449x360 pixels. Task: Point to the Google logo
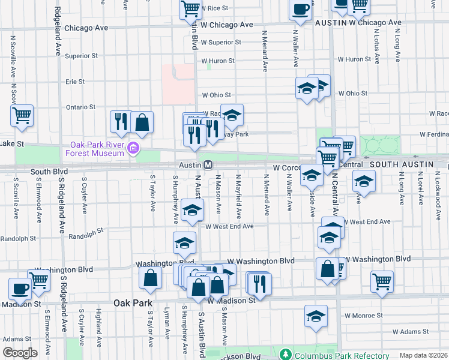20,353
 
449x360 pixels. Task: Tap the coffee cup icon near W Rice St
301,9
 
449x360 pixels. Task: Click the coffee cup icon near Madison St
20,290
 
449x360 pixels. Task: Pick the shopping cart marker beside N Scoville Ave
22,115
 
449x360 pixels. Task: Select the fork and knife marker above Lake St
121,121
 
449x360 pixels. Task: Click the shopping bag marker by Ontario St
142,122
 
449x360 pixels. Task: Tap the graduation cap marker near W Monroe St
316,316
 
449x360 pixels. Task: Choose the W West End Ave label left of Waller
229,226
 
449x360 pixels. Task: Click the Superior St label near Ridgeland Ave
81,56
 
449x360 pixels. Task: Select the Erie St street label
75,81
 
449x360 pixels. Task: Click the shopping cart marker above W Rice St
190,8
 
